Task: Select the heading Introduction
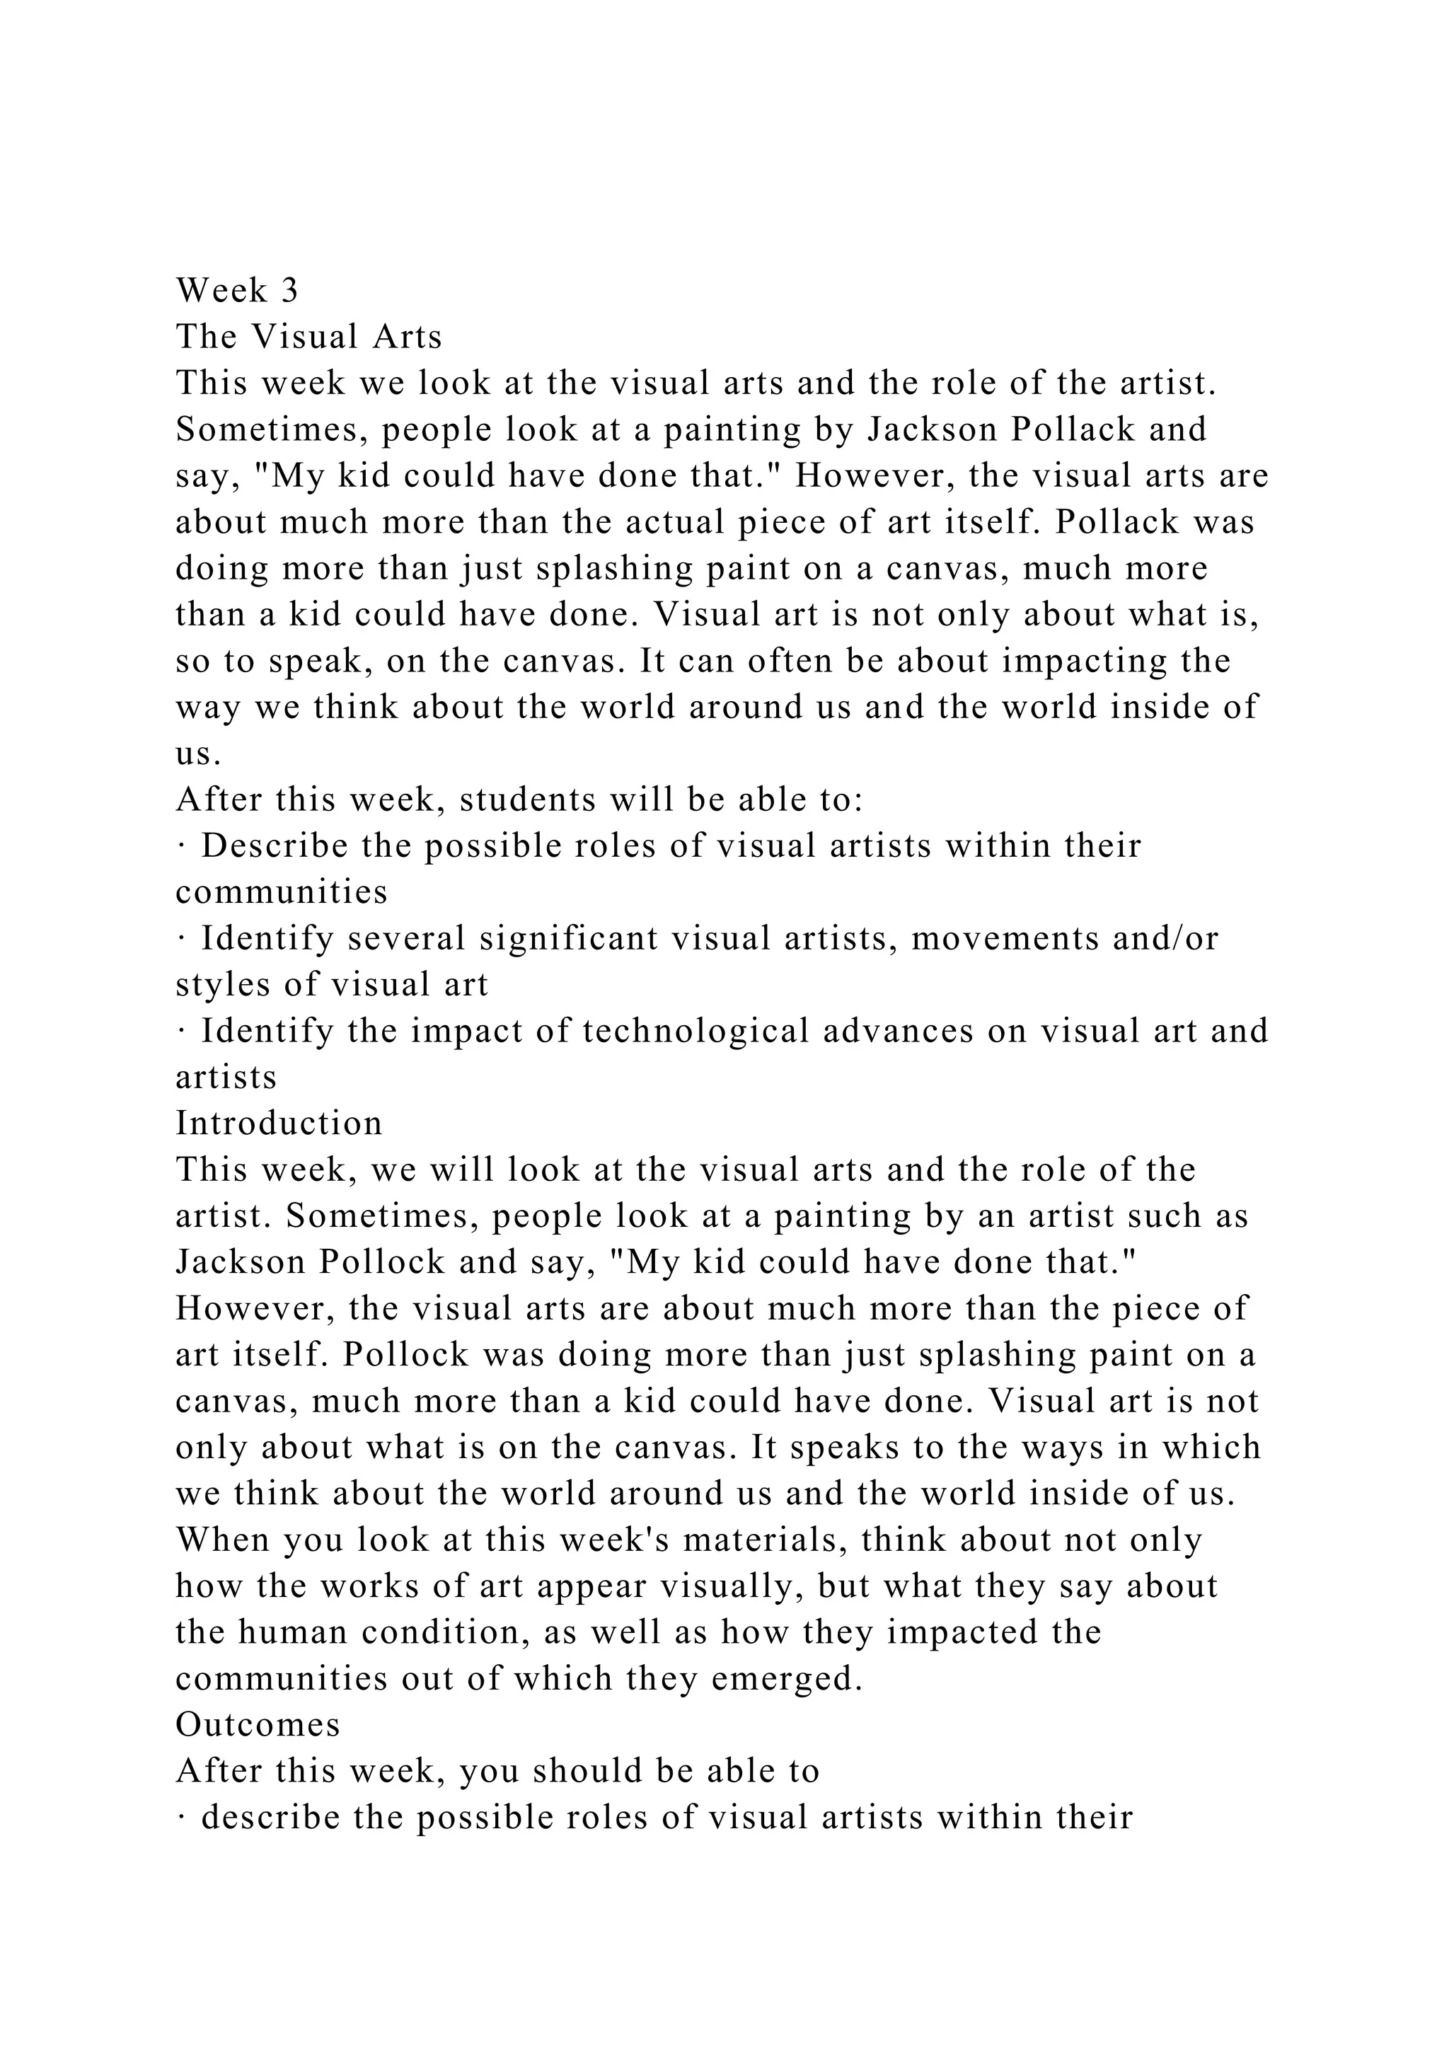pos(278,1123)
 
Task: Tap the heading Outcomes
pos(258,1724)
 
